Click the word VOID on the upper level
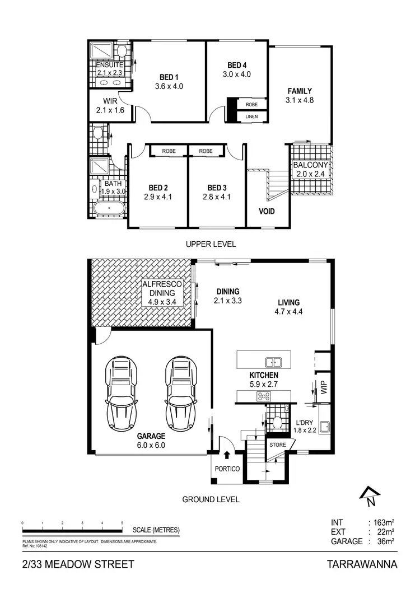pyautogui.click(x=266, y=211)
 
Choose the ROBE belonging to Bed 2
pyautogui.click(x=169, y=151)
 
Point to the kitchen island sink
pyautogui.click(x=274, y=361)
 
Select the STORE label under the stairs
pyautogui.click(x=278, y=445)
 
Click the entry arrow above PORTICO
pyautogui.click(x=227, y=456)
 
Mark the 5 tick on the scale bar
pyautogui.click(x=123, y=523)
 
